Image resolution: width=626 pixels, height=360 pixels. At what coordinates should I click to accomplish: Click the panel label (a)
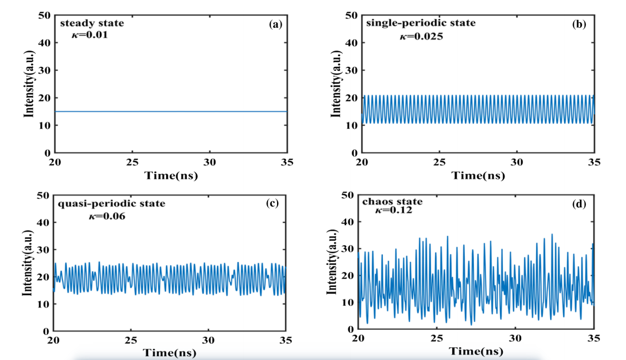click(274, 24)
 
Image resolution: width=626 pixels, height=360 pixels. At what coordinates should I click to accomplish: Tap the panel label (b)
click(581, 24)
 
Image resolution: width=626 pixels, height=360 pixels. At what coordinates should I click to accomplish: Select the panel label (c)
click(273, 203)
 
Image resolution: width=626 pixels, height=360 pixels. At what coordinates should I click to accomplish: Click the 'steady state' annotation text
click(93, 23)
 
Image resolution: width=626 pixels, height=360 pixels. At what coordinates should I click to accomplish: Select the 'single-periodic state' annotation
click(421, 23)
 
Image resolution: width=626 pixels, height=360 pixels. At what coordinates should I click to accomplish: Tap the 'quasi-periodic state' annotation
click(111, 203)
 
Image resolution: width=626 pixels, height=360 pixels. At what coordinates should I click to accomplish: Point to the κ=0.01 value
click(90, 35)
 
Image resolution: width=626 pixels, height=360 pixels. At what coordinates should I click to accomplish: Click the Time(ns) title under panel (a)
click(171, 175)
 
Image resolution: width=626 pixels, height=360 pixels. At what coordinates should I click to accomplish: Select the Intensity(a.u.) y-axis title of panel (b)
click(337, 84)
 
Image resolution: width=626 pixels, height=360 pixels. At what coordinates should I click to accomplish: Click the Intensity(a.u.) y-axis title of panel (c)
click(27, 264)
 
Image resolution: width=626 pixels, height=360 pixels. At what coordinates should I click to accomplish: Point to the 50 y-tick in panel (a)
click(45, 15)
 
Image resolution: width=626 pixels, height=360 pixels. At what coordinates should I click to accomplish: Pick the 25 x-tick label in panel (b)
click(440, 162)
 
